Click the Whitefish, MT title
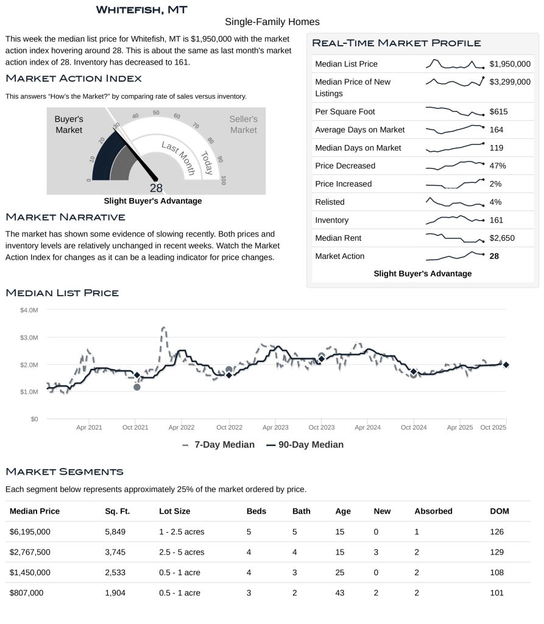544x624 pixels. (x=141, y=10)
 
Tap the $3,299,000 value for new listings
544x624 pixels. (x=510, y=82)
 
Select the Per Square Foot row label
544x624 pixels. (x=345, y=112)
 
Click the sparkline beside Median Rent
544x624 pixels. (x=454, y=238)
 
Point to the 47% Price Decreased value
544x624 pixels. (x=498, y=166)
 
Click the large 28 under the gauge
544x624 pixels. (x=156, y=188)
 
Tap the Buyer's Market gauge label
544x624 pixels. (x=69, y=124)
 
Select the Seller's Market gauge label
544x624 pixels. (x=243, y=124)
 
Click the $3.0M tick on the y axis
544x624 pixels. (x=29, y=338)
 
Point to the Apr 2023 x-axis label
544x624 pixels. (x=276, y=428)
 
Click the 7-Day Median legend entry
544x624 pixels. (x=219, y=445)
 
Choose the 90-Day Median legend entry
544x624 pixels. (x=305, y=445)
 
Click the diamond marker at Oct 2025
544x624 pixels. (x=506, y=364)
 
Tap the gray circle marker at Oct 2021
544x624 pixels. (x=137, y=387)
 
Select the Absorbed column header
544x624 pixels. (x=433, y=511)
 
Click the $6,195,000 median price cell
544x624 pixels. (x=30, y=532)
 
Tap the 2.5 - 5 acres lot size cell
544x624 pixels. (x=182, y=552)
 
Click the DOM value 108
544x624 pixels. (x=497, y=572)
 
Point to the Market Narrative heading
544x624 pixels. (x=65, y=218)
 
